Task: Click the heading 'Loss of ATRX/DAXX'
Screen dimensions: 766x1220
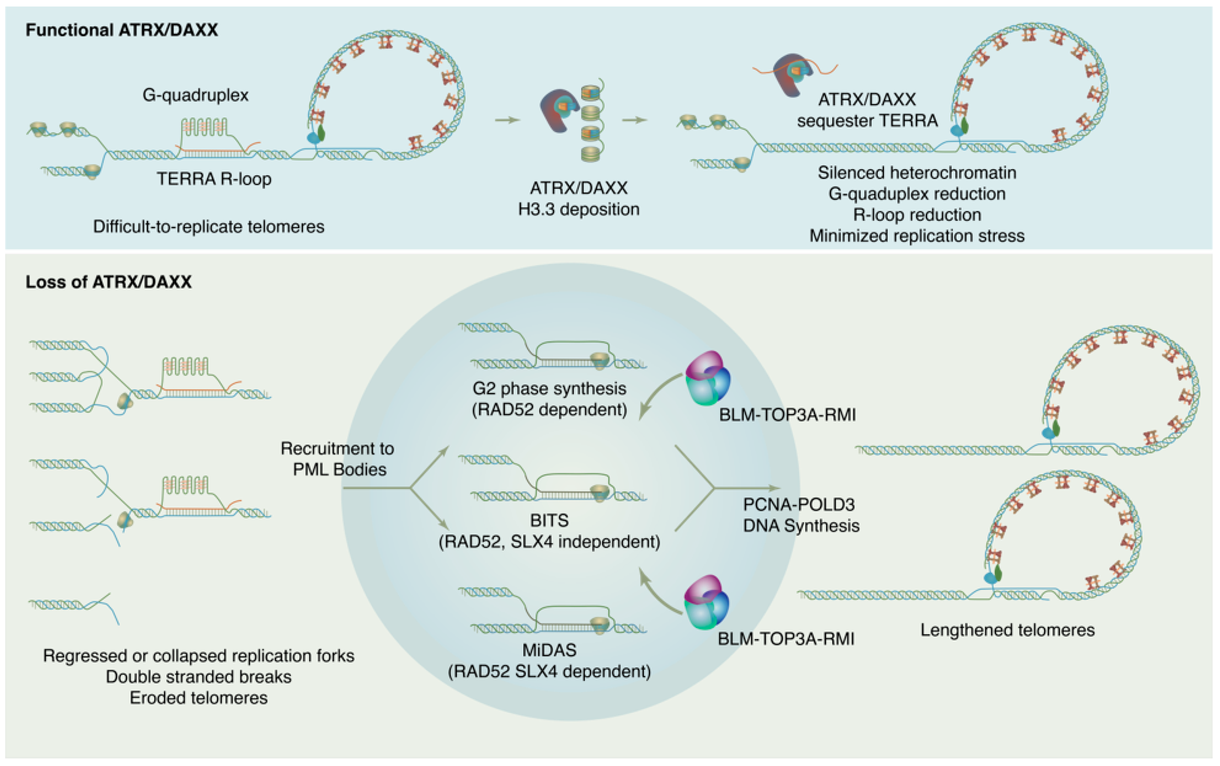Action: [x=109, y=282]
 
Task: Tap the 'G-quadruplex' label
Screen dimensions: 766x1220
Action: [x=196, y=95]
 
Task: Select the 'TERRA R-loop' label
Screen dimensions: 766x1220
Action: [x=214, y=179]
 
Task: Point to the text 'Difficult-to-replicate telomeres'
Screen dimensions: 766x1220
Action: [x=208, y=226]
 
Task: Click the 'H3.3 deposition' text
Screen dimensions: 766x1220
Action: [x=578, y=209]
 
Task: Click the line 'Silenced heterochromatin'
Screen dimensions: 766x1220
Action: [x=917, y=173]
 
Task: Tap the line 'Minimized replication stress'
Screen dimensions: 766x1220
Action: [x=917, y=236]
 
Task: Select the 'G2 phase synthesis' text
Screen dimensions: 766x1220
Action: [x=549, y=389]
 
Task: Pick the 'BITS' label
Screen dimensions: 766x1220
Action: [x=549, y=520]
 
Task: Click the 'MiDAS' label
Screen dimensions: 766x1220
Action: [x=549, y=650]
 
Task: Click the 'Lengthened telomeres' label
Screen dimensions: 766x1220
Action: [x=1007, y=630]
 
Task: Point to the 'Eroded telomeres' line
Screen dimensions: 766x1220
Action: [x=199, y=698]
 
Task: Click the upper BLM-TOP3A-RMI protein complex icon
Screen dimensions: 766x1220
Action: [x=707, y=378]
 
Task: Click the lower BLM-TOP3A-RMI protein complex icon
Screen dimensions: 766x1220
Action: [x=706, y=602]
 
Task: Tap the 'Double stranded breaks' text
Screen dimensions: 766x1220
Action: [x=199, y=677]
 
